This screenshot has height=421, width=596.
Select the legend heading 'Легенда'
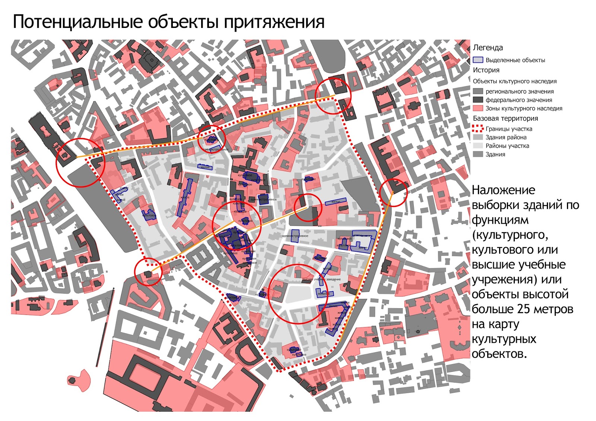click(x=488, y=48)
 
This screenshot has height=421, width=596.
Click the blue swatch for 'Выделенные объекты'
click(x=478, y=60)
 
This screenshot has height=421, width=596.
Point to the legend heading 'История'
click(x=486, y=70)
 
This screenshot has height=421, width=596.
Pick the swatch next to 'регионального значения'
click(x=478, y=91)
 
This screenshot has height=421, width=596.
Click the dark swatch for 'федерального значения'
click(x=478, y=100)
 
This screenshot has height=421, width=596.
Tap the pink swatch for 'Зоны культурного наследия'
click(x=478, y=108)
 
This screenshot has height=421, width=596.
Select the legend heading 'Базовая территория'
click(x=505, y=118)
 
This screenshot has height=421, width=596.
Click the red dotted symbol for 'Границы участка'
click(x=478, y=129)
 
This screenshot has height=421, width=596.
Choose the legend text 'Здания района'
click(x=506, y=137)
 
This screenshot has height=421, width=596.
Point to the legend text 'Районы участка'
click(x=507, y=146)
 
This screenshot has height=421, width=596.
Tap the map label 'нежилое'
click(x=323, y=294)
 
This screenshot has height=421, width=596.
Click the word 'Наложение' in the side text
click(x=503, y=190)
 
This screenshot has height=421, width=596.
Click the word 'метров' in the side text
click(x=555, y=309)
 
